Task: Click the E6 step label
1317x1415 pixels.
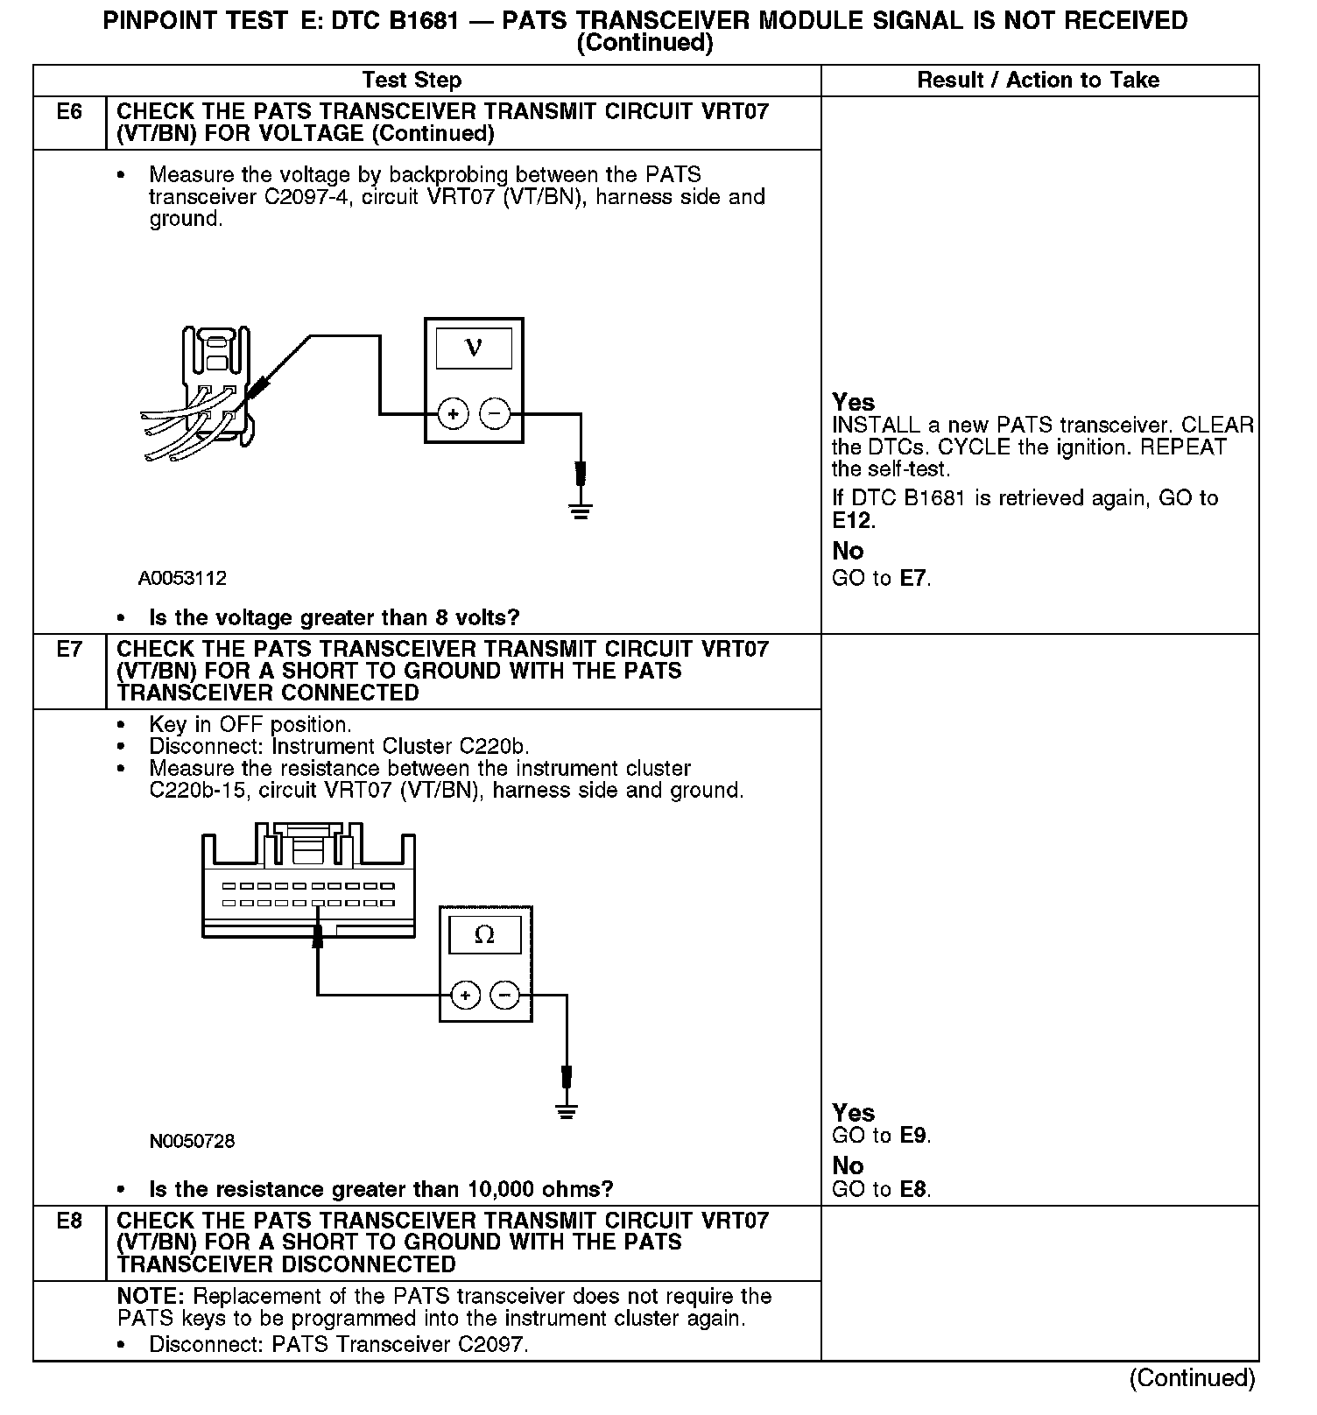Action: (69, 112)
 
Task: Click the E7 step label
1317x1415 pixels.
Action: (69, 649)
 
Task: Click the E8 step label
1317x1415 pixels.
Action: (69, 1221)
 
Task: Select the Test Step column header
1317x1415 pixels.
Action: (412, 81)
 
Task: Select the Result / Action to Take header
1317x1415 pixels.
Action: (1038, 81)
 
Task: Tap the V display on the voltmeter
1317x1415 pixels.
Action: (474, 348)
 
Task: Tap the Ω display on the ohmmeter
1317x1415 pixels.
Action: (484, 935)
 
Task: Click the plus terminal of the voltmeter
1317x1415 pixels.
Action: (453, 413)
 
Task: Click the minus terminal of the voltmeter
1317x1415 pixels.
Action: (495, 413)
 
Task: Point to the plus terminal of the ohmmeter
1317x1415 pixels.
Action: (465, 996)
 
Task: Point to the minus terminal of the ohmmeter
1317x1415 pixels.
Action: (505, 996)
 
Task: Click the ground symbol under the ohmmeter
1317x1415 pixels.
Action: (567, 1112)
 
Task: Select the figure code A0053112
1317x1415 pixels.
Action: (182, 579)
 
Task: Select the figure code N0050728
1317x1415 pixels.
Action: (192, 1142)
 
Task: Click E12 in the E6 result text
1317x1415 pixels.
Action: (852, 521)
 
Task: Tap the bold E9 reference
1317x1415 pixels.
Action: (913, 1136)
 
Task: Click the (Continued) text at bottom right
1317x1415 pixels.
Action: (1192, 1378)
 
